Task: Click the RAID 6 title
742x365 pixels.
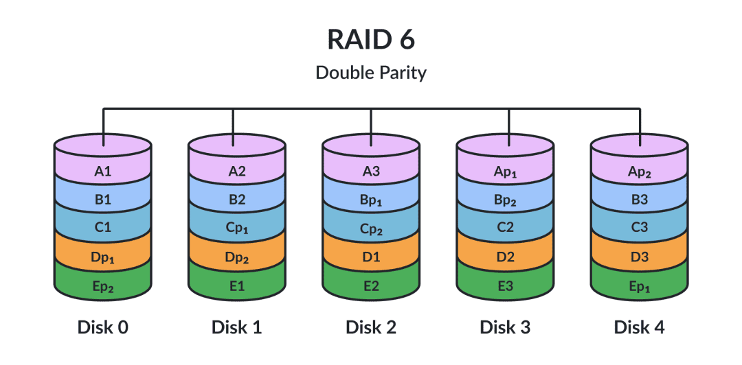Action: point(371,40)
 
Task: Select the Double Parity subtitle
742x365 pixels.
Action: point(371,73)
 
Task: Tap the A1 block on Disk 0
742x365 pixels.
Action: point(102,171)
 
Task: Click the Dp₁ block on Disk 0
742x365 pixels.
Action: point(102,258)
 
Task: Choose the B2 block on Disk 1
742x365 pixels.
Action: point(237,200)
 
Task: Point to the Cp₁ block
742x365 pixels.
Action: point(237,229)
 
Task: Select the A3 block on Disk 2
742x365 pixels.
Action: point(371,171)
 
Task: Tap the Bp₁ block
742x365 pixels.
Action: point(371,200)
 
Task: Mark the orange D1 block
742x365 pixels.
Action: point(371,258)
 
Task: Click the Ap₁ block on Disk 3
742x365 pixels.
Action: point(506,171)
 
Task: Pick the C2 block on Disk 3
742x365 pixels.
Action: point(506,229)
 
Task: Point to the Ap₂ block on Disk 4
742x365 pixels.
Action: point(640,171)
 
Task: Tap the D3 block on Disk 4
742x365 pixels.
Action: point(640,258)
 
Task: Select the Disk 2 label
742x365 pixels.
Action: point(371,327)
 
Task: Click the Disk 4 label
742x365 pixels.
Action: point(640,327)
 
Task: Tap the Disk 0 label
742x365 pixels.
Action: point(102,327)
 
